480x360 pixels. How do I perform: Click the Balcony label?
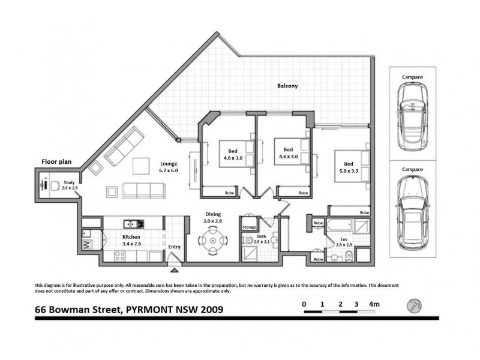pos(287,86)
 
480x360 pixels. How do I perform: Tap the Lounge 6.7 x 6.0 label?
pos(169,167)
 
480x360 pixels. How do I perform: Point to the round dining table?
pos(213,243)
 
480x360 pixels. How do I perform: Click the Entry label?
pos(174,247)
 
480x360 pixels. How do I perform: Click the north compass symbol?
pos(413,305)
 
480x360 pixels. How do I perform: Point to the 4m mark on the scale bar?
pos(375,305)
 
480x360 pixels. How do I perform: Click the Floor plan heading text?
pos(58,161)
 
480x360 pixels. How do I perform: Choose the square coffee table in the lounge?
pos(142,164)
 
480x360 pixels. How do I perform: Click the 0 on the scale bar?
pos(304,305)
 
